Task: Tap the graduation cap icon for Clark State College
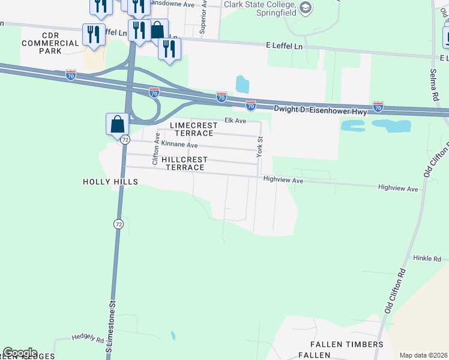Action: pos(306,8)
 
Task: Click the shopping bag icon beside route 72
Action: pos(118,124)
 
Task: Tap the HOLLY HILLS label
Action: pos(111,182)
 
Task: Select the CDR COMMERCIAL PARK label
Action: pos(50,47)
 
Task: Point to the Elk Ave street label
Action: pos(235,121)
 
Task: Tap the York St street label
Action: pos(260,148)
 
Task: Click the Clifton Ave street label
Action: pos(155,149)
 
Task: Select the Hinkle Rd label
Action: pos(427,259)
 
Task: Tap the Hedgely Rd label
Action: pos(88,338)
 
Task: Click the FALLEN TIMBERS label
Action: pos(346,344)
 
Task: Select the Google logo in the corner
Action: pos(20,353)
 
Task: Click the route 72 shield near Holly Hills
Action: pos(118,224)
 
